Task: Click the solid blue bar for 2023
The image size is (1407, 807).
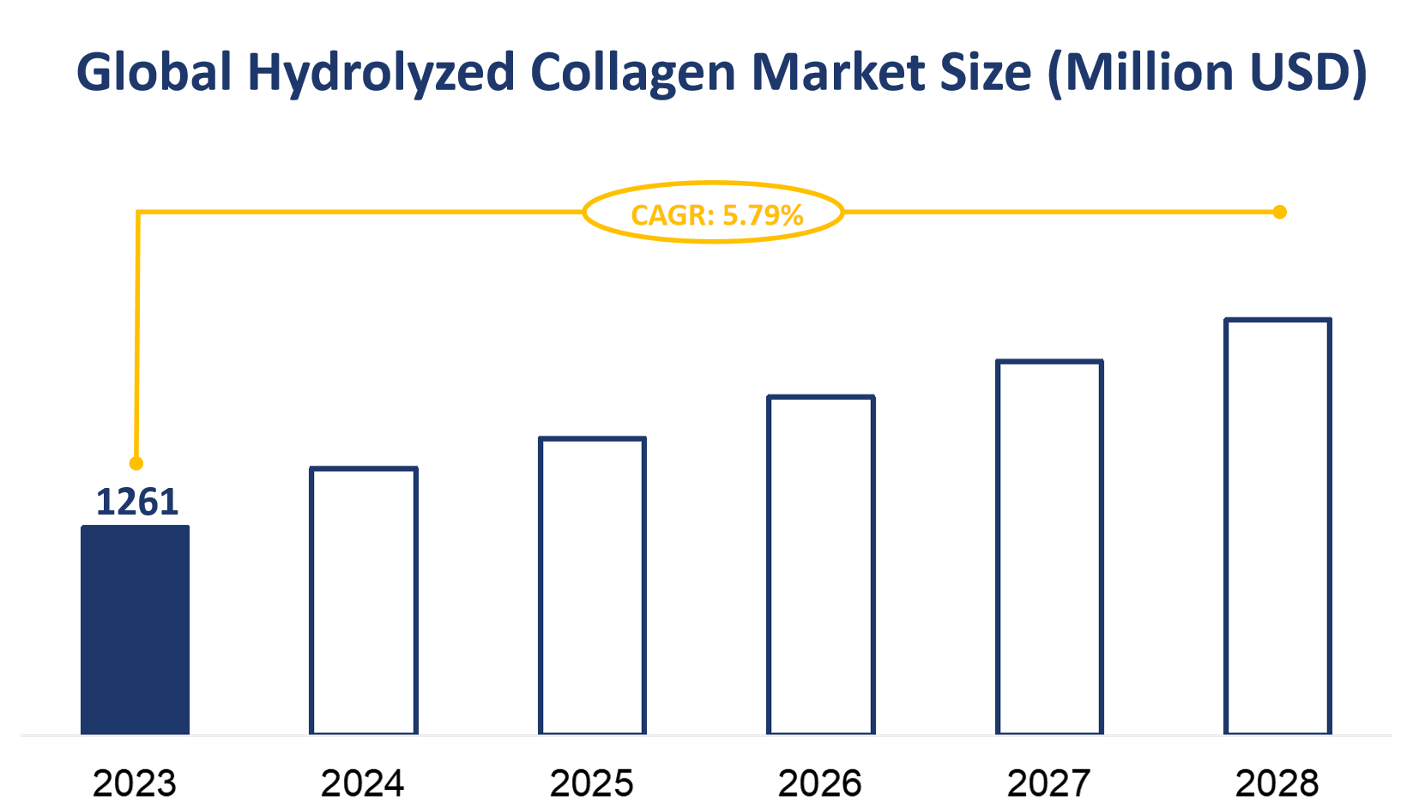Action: [x=135, y=630]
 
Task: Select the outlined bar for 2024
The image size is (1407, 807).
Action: [x=364, y=601]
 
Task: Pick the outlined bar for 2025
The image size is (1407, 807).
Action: [x=592, y=587]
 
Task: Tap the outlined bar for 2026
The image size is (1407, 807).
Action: [x=821, y=565]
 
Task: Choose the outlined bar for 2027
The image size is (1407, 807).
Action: [x=1049, y=548]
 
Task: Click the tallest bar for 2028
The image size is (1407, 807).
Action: [x=1277, y=527]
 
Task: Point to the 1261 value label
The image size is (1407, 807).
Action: [x=136, y=503]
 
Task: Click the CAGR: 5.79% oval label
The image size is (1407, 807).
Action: [x=714, y=213]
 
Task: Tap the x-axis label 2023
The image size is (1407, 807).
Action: [x=135, y=783]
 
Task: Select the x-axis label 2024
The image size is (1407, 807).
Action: [x=363, y=783]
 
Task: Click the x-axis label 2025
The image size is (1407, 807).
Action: [x=592, y=783]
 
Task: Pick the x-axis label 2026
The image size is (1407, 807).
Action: [x=820, y=783]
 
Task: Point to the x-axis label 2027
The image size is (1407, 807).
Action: [x=1048, y=783]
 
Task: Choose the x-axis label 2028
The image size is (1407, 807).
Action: [x=1277, y=783]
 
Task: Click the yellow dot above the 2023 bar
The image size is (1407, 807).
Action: [x=136, y=464]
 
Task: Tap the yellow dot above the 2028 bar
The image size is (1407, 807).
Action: [x=1279, y=212]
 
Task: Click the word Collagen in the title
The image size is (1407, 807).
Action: [x=633, y=73]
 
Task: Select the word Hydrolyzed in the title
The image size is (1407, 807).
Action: [x=381, y=73]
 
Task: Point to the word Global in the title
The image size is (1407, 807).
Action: [x=154, y=73]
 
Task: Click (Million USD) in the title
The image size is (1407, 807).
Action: [x=1207, y=73]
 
